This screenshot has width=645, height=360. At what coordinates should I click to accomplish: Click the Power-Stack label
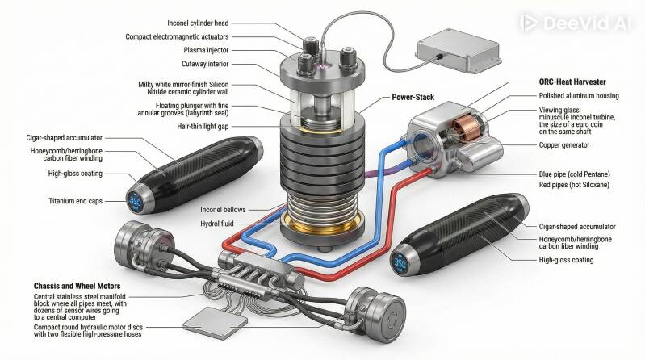(413, 97)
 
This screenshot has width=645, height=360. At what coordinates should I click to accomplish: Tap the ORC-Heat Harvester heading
(572, 82)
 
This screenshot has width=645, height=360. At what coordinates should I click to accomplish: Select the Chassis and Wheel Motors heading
(77, 286)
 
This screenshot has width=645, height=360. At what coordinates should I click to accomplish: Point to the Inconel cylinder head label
(198, 23)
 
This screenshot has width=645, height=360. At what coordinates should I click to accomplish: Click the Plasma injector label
(206, 50)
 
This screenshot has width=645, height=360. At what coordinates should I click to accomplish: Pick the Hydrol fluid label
(217, 224)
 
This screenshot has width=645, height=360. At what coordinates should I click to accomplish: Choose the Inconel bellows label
(223, 210)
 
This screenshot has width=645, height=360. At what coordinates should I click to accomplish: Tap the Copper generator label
(564, 145)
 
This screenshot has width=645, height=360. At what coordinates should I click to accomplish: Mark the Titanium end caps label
(75, 201)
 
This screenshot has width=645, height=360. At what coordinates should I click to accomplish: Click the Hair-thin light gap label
(203, 127)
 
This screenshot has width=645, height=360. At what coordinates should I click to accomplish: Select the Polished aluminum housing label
(579, 96)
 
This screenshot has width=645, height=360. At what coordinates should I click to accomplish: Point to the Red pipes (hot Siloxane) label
(574, 185)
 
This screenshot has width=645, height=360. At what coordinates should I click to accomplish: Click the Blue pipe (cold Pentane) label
(574, 174)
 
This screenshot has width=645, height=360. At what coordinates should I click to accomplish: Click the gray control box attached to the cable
(459, 51)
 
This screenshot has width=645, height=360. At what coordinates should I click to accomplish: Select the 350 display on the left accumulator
(136, 201)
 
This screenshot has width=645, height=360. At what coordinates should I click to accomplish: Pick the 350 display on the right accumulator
(400, 262)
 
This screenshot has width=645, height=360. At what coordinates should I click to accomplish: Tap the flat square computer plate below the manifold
(216, 323)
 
